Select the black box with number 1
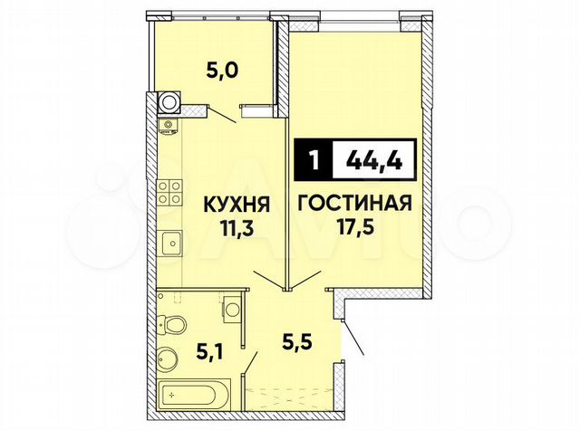coord(314,162)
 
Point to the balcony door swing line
coord(222,113)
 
